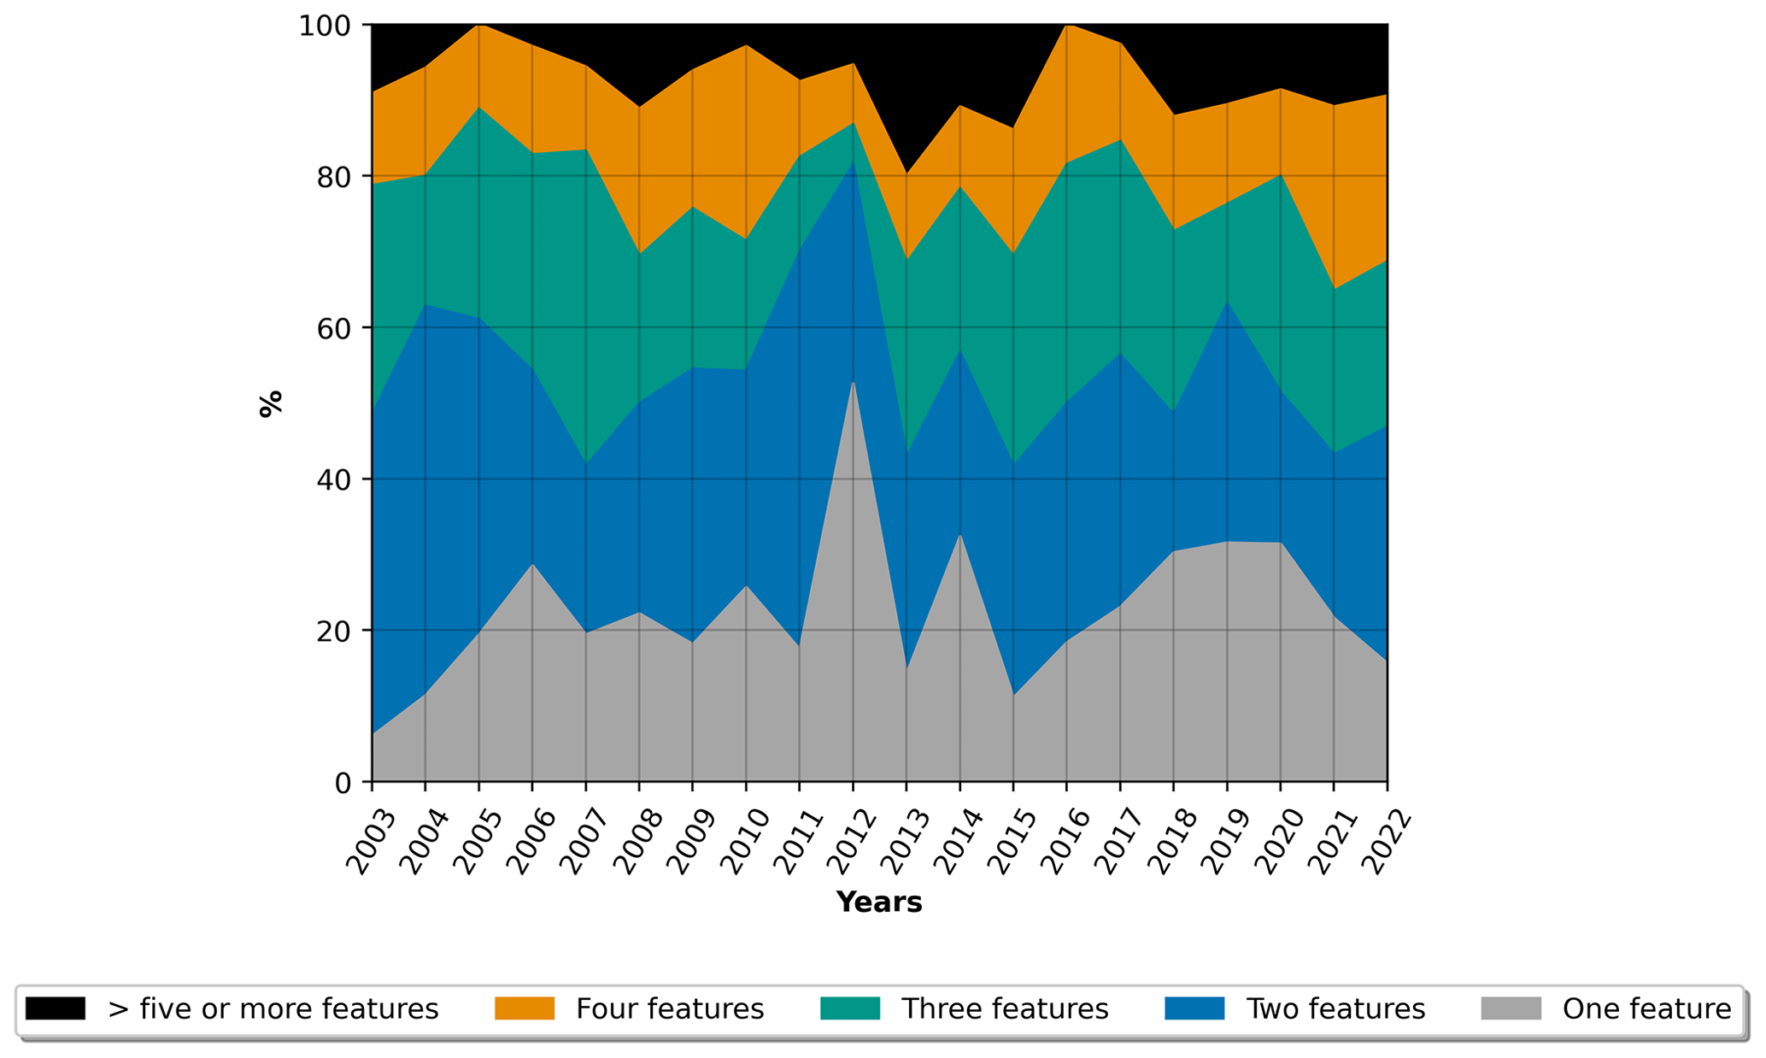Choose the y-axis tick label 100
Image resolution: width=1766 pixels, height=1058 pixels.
[x=324, y=26]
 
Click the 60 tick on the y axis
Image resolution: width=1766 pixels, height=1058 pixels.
[x=334, y=329]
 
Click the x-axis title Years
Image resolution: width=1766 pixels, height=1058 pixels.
[x=878, y=902]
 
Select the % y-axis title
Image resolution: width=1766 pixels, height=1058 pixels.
[x=271, y=403]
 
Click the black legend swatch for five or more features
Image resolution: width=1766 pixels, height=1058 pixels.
[x=55, y=1008]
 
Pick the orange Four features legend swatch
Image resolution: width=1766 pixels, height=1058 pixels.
[x=525, y=1008]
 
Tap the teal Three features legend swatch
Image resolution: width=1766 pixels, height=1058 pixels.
[x=849, y=1008]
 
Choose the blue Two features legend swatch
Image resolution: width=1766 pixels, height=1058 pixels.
[x=1194, y=1008]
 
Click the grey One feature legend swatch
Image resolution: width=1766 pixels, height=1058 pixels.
[x=1511, y=1008]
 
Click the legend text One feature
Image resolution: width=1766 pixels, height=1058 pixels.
[x=1646, y=1009]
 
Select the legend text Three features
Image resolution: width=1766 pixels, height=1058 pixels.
[x=1005, y=1009]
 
